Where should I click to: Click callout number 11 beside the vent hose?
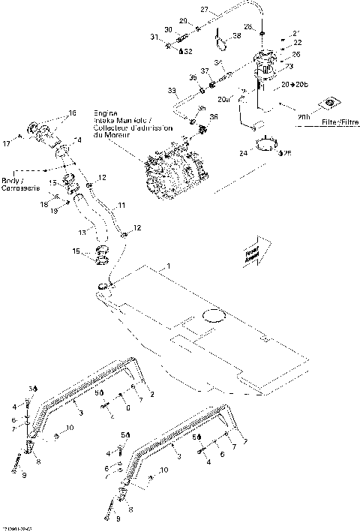tap(121, 205)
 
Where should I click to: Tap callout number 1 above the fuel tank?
tap(169, 266)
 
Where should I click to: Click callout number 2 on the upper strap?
tap(152, 394)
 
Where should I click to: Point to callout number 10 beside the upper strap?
tap(70, 428)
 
